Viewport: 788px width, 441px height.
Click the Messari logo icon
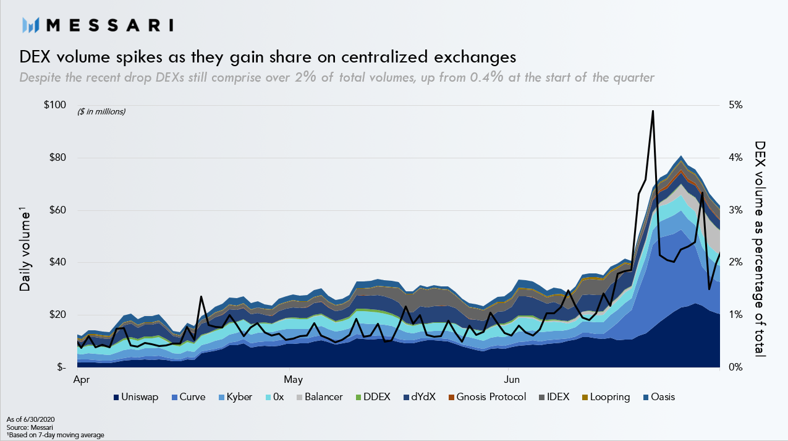[31, 25]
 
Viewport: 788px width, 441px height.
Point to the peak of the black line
[653, 111]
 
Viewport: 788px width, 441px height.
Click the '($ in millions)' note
[101, 112]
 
